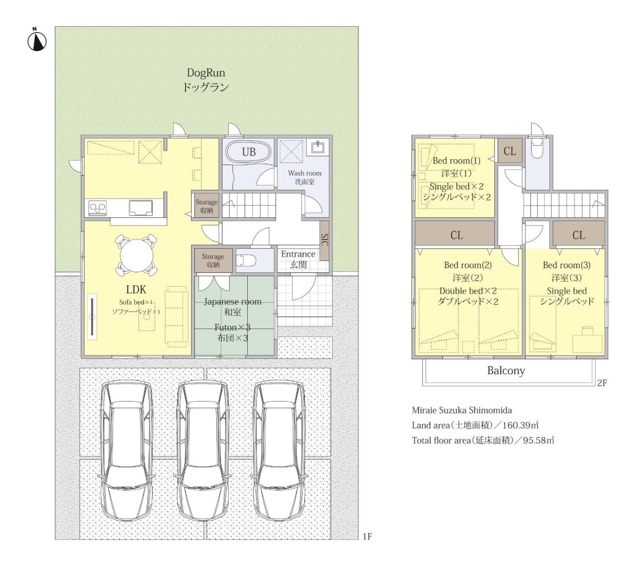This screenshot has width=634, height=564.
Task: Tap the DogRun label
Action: pyautogui.click(x=206, y=73)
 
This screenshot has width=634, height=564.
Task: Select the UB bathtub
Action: pyautogui.click(x=248, y=152)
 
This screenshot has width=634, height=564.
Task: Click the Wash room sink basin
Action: pyautogui.click(x=317, y=147)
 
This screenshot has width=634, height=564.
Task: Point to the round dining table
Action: pyautogui.click(x=136, y=256)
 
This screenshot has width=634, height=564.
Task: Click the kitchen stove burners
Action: pyautogui.click(x=98, y=207)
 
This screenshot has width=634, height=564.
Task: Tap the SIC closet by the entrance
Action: pyautogui.click(x=325, y=241)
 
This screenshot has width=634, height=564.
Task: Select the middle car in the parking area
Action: pyautogui.click(x=202, y=452)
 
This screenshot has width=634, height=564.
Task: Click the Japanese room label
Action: pyautogui.click(x=232, y=302)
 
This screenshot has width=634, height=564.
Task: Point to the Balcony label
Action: pyautogui.click(x=506, y=370)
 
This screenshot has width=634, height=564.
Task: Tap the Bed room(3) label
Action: pyautogui.click(x=567, y=265)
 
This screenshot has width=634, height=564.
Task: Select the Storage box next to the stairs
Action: pyautogui.click(x=206, y=206)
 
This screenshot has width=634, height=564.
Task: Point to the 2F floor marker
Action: pyautogui.click(x=602, y=383)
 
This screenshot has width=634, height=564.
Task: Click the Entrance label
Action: pyautogui.click(x=298, y=254)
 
